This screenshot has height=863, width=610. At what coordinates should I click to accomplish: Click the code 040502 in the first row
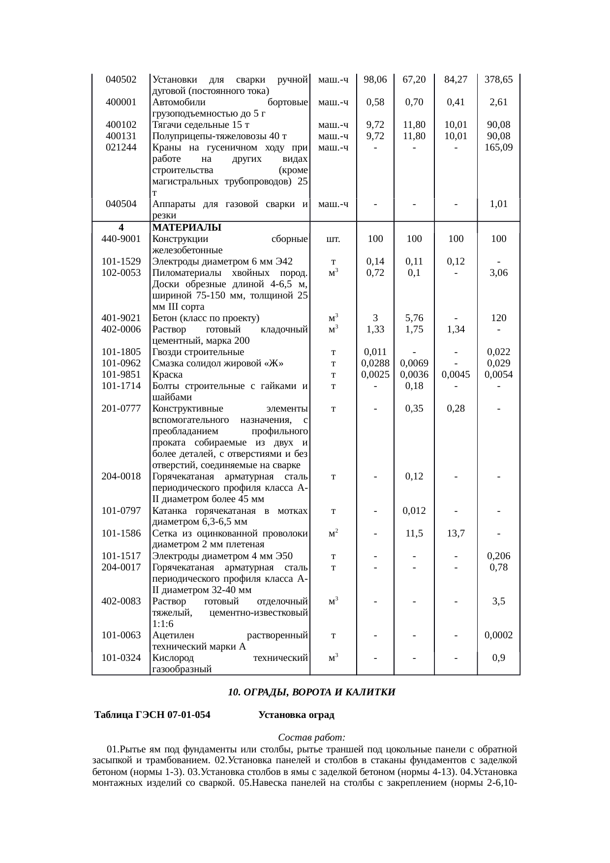pos(121,79)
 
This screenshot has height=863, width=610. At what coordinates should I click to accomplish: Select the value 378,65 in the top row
pos(498,79)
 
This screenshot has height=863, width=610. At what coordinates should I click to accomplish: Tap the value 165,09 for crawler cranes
pos(498,147)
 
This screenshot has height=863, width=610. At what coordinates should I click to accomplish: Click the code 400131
pos(121,136)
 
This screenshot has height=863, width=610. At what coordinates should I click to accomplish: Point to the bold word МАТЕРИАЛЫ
pos(187,228)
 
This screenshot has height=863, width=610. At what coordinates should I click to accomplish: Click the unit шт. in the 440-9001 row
pos(333,239)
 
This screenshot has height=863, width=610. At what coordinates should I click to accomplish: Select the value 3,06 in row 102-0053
pos(498,273)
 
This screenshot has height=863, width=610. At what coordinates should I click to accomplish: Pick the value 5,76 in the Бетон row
pos(414,318)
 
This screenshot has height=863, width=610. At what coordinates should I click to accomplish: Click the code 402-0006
pos(121,329)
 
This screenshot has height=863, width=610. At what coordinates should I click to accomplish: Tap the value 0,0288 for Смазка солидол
pos(375,363)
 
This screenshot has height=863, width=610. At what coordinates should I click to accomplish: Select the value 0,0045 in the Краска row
pos(456,375)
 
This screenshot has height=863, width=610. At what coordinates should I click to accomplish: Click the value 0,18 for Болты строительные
pos(414,386)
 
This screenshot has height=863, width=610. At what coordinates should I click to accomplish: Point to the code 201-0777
pos(121,409)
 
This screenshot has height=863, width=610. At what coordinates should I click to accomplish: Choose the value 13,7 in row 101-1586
pos(456,533)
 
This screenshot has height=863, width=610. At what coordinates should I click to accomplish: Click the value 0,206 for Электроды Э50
pos(498,556)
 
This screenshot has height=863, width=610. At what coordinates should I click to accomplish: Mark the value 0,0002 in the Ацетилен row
pos(498,635)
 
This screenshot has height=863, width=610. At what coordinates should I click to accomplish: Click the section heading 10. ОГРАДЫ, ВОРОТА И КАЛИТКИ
pos(311,692)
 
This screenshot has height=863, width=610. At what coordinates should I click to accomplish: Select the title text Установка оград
pos(296,715)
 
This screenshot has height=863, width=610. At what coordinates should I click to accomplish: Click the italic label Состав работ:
pos(311,738)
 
